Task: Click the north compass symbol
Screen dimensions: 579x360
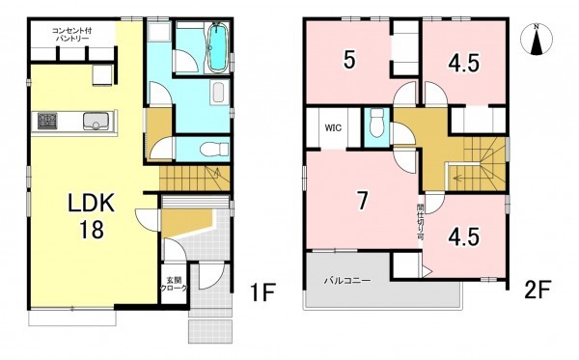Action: [537, 40]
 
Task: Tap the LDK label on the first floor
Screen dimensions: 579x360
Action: [92, 203]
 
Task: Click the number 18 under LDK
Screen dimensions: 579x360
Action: [92, 230]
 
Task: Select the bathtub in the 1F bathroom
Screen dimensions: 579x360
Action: [218, 47]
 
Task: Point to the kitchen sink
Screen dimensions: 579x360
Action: [96, 122]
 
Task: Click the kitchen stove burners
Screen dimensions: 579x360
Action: [47, 121]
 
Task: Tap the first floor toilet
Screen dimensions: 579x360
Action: [214, 150]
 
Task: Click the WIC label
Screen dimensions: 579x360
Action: [333, 128]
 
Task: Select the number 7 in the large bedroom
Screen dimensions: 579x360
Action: [362, 201]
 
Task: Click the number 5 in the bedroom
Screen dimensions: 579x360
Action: [349, 60]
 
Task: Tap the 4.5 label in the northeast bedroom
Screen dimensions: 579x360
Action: [464, 63]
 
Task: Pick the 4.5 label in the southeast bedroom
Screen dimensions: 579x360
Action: [464, 236]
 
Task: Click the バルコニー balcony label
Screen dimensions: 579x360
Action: [347, 281]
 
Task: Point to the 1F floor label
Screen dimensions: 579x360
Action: [262, 292]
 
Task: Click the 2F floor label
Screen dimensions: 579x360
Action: [538, 291]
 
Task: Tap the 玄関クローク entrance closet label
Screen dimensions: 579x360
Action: [174, 285]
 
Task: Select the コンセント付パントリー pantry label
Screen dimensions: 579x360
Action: [71, 35]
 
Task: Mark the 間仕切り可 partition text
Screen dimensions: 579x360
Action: [420, 223]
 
